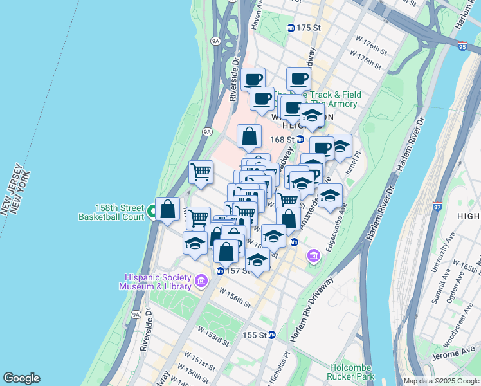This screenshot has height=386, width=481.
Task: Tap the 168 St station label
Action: pos(282,139)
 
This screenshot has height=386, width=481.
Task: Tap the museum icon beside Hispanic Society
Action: pos(201,281)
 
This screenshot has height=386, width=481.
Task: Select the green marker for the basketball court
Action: pos(152,211)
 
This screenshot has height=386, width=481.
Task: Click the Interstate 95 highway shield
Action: pos(463,46)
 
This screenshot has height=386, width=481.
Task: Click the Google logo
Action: pos(21,378)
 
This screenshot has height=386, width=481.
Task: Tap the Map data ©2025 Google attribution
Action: pos(441,381)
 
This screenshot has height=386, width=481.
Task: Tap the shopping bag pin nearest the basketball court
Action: pos(168,210)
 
